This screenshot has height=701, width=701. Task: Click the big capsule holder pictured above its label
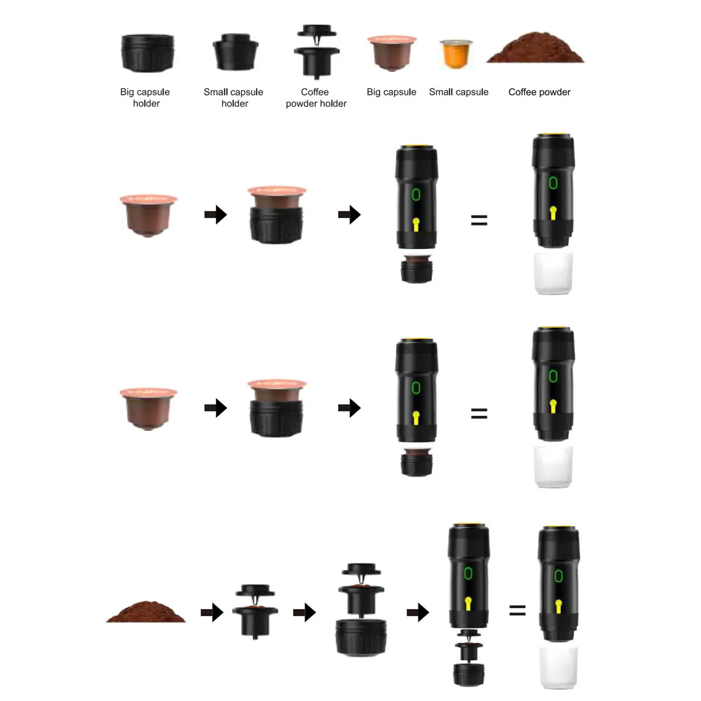point(147,53)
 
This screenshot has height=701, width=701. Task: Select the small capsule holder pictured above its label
point(235,52)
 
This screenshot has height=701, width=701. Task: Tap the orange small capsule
point(456,54)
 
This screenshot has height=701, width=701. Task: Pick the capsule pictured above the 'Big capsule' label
point(392,53)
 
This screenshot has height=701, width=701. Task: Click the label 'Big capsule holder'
point(145,98)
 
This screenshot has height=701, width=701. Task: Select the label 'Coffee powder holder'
point(316,98)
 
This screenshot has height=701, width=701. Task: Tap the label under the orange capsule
point(458,92)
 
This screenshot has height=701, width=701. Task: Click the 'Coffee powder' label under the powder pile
point(539,92)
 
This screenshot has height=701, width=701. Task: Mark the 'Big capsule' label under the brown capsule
point(391,92)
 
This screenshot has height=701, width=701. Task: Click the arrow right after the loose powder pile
point(212,612)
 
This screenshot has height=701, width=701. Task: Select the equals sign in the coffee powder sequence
point(517,610)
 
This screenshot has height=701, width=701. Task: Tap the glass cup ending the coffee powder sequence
point(558,668)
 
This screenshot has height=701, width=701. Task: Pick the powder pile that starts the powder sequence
point(146,611)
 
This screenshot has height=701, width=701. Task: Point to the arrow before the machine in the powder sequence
point(418,612)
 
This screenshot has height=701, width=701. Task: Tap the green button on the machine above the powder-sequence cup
point(559,575)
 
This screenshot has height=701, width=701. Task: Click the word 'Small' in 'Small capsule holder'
point(215,92)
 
